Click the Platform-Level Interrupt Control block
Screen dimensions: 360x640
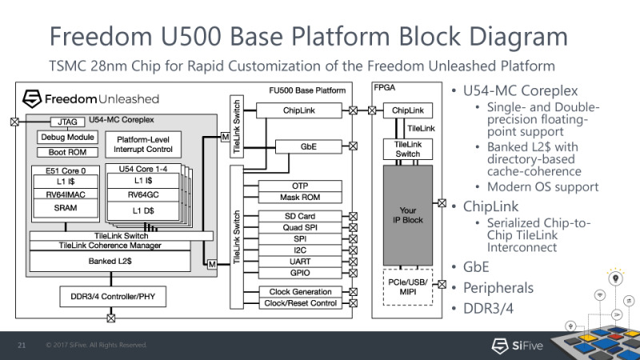(143, 145)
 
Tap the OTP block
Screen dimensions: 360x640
(300, 186)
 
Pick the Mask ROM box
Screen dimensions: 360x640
(300, 197)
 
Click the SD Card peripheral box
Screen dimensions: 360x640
(300, 217)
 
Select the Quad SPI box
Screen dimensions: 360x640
(300, 228)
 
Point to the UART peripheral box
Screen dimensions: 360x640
(300, 262)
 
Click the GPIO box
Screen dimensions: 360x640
(300, 273)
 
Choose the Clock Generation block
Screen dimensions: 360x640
(300, 291)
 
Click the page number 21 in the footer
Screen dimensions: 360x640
(23, 346)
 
